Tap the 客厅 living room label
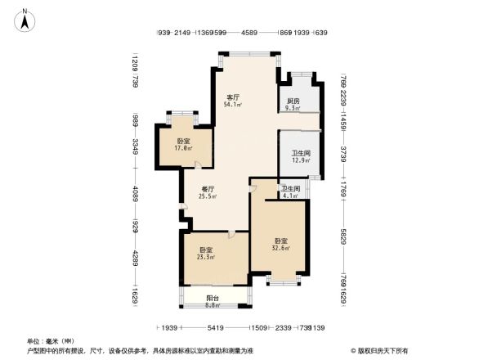click(232, 97)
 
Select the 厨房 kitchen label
click(293, 100)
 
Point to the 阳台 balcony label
click(212, 299)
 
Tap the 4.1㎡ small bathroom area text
click(291, 196)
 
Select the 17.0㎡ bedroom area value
click(184, 149)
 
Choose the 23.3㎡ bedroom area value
click(207, 257)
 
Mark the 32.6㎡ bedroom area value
click(281, 248)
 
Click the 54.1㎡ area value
click(232, 105)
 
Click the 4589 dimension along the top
click(249, 33)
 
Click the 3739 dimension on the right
click(344, 151)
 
